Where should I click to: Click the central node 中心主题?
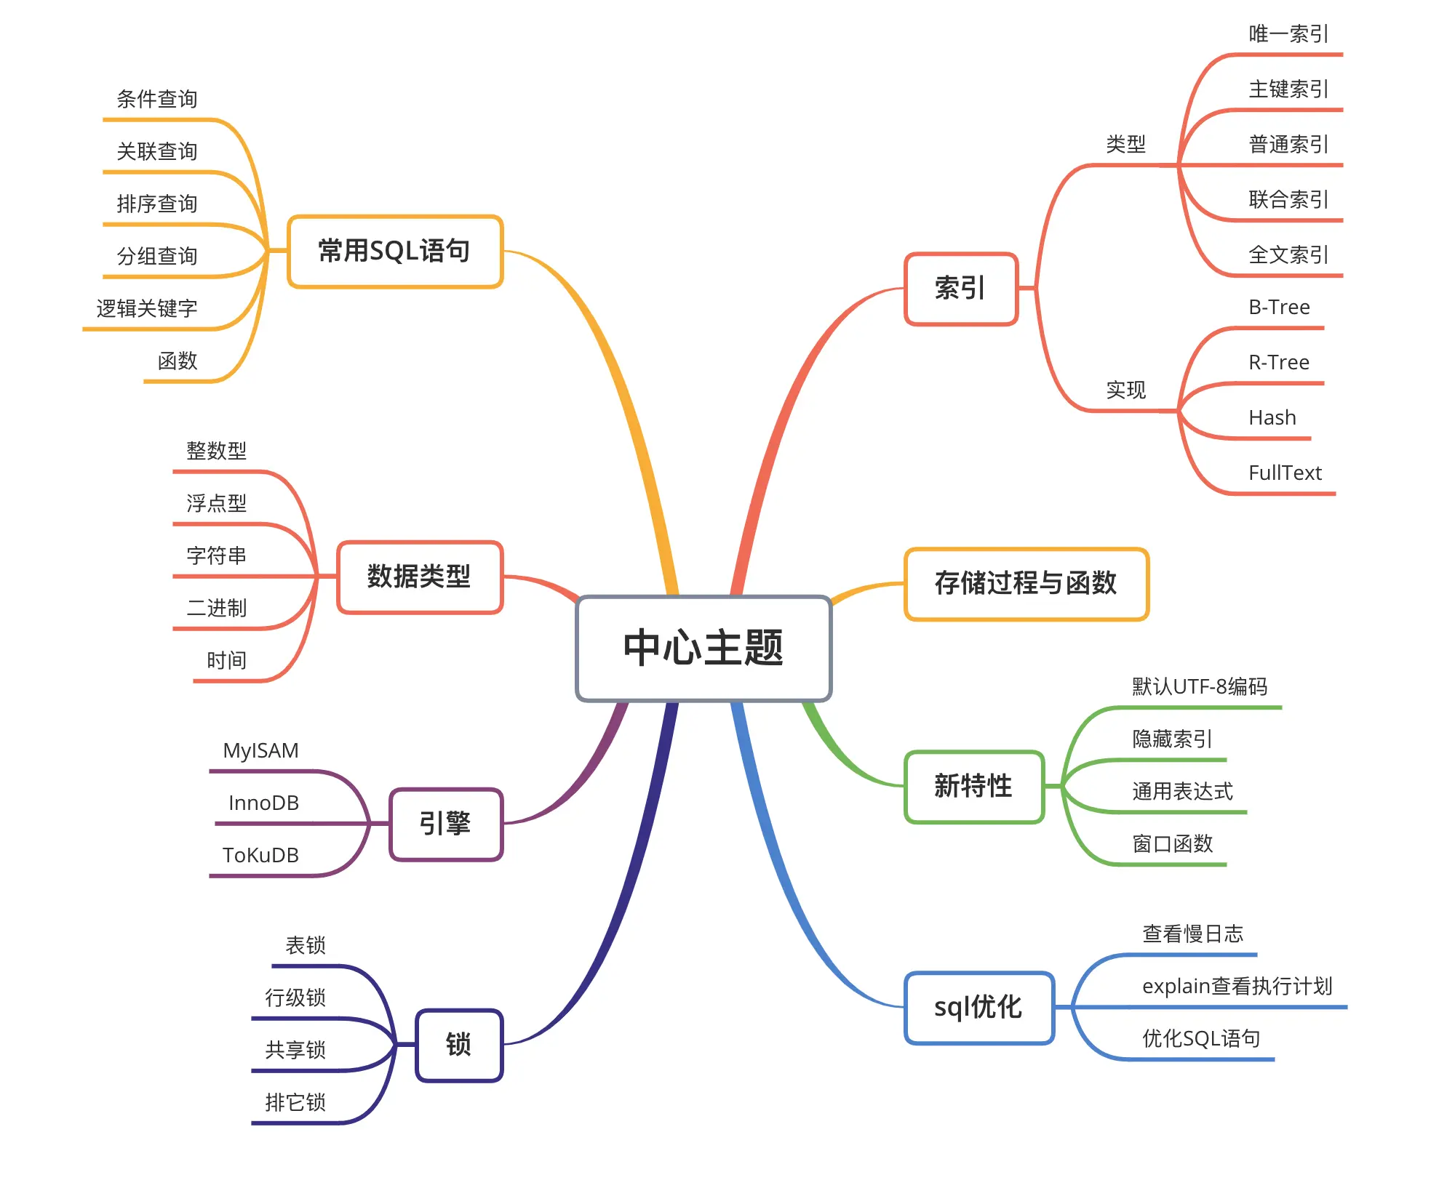(x=703, y=648)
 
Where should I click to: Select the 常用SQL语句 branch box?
(x=395, y=252)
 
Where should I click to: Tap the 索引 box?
(x=960, y=289)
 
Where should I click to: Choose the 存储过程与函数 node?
(x=1026, y=584)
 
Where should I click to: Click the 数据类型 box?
(x=420, y=577)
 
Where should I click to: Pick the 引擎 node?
(x=446, y=824)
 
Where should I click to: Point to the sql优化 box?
(x=978, y=1008)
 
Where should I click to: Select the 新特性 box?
(x=973, y=787)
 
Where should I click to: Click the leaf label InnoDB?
(x=263, y=803)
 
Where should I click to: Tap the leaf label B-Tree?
(x=1279, y=308)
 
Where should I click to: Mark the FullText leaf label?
(x=1285, y=473)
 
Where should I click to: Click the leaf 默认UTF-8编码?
(x=1200, y=687)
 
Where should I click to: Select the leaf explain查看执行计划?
(x=1237, y=987)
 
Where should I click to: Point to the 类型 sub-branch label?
(x=1125, y=145)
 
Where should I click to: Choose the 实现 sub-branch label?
(x=1125, y=390)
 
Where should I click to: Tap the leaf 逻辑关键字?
(x=147, y=309)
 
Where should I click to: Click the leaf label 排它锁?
(x=295, y=1103)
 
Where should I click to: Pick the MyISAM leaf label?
(x=260, y=751)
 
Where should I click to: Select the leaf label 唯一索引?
(x=1288, y=34)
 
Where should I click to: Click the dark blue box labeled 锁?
(x=459, y=1045)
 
